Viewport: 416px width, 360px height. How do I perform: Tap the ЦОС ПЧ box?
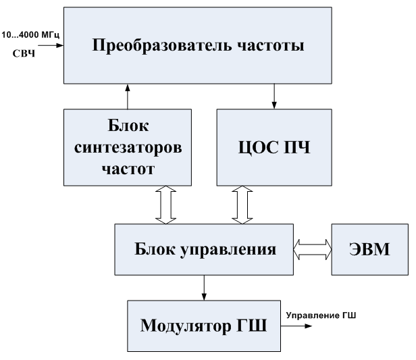pos(274,147)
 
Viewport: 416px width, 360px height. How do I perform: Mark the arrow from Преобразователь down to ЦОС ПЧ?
pos(274,96)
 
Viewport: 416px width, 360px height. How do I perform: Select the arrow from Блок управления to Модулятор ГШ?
pos(203,286)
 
